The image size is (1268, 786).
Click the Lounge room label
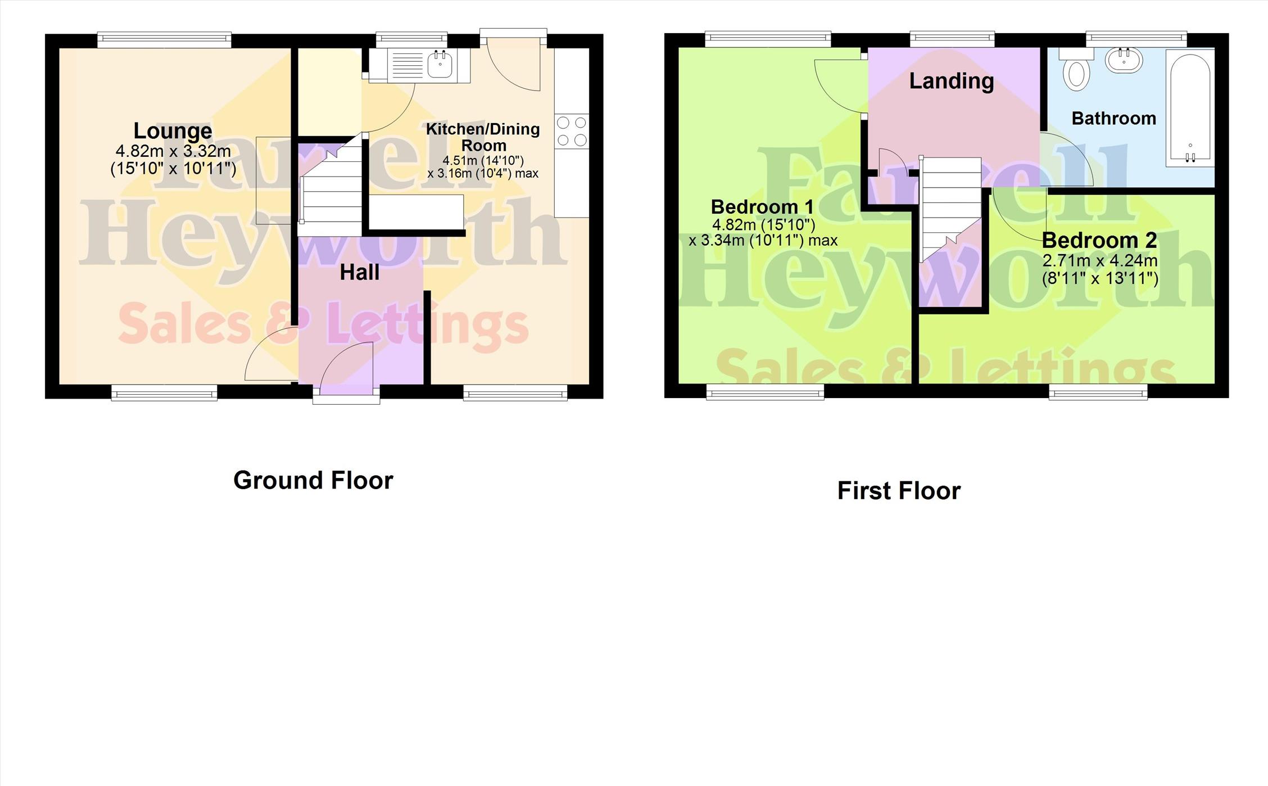[173, 131]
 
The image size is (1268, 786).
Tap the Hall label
[360, 273]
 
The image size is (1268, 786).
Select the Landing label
[952, 82]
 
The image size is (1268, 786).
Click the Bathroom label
[1113, 119]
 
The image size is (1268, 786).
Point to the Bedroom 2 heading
[1099, 241]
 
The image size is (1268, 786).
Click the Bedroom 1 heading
[762, 207]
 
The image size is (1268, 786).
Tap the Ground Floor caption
[313, 481]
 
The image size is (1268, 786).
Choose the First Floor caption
[899, 491]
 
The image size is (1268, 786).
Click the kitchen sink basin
[441, 64]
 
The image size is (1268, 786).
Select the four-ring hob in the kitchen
[572, 132]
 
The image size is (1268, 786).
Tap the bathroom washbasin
[1124, 61]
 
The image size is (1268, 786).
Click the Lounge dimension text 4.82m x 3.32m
[173, 151]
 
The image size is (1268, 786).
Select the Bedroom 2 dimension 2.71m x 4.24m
[1100, 261]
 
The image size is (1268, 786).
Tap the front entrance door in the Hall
[346, 365]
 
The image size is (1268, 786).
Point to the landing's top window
[952, 39]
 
